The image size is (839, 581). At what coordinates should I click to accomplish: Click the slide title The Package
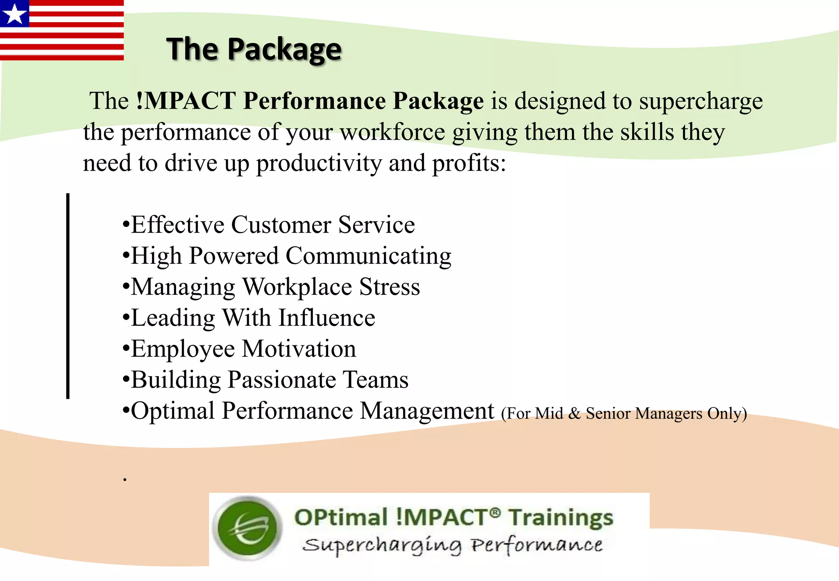coord(254,49)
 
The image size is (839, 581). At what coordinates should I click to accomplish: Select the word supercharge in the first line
coord(701,101)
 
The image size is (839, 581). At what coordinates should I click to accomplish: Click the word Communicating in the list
coord(368,256)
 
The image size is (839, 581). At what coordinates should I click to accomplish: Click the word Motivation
coord(299,349)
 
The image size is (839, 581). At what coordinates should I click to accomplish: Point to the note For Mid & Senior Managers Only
coord(624,413)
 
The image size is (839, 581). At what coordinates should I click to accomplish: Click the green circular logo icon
coord(248,528)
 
